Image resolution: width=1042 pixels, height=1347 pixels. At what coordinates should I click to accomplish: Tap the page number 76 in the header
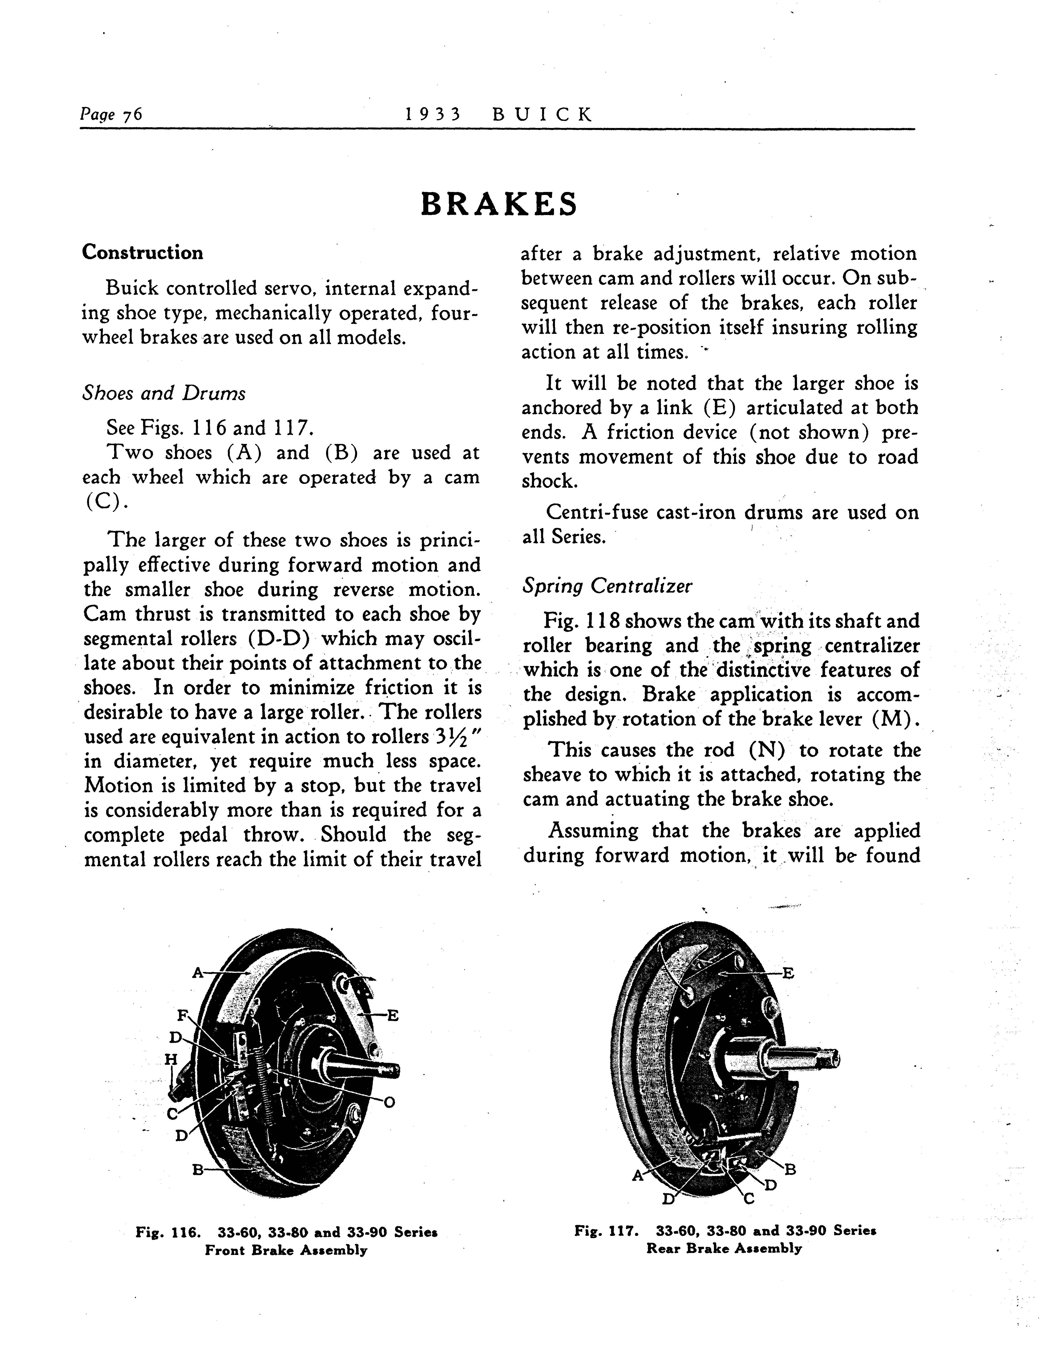click(x=133, y=115)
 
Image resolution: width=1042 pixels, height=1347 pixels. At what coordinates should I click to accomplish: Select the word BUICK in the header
click(x=543, y=115)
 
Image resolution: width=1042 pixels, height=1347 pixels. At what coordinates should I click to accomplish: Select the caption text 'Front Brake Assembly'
click(x=286, y=1250)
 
